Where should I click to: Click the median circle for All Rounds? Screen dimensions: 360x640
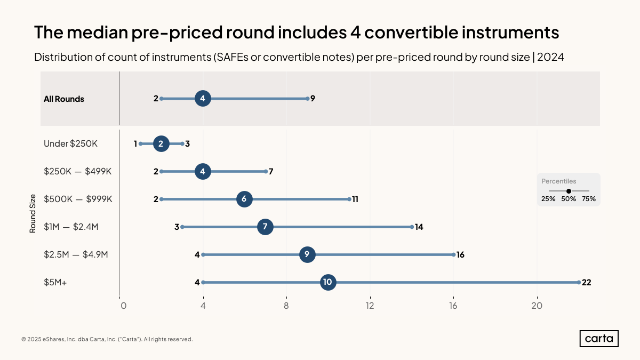point(203,99)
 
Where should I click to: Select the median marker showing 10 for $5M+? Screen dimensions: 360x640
point(328,282)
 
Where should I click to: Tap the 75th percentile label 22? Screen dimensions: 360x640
point(586,283)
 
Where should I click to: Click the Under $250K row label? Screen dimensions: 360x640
point(70,143)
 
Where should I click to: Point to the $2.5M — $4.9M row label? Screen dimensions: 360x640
point(76,254)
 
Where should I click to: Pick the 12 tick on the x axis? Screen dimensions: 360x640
point(370,306)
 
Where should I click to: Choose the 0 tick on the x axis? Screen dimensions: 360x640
point(123,306)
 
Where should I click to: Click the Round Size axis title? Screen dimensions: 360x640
point(33,213)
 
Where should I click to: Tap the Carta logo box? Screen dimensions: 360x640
point(599,339)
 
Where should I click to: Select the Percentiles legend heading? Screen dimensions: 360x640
point(558,181)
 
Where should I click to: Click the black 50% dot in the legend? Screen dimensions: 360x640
point(569,191)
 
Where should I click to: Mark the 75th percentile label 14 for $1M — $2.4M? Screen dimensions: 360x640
point(419,227)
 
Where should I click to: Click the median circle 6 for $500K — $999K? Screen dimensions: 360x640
point(244,199)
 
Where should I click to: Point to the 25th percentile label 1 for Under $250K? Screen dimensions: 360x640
point(135,143)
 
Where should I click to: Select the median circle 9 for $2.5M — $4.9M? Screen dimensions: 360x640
point(307,254)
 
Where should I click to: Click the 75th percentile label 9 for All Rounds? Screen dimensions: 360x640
point(313,99)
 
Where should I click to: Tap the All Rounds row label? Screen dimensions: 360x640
point(64,99)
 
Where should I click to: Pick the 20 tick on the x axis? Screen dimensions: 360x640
point(537,306)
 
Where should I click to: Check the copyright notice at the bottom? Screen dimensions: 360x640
point(107,339)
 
